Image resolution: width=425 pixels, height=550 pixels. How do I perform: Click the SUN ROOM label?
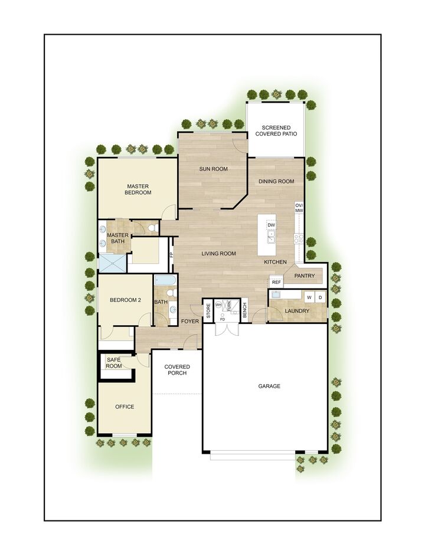[x=213, y=169]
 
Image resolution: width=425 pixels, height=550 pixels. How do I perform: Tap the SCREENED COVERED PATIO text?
[x=276, y=130]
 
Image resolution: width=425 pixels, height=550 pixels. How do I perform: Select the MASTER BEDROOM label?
[x=138, y=189]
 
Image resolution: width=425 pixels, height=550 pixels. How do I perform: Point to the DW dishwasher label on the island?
[x=271, y=225]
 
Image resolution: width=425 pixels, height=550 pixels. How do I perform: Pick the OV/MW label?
[x=299, y=208]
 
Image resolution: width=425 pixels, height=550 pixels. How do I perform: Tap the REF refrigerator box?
[x=276, y=283]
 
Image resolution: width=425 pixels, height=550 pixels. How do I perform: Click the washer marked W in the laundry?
[x=309, y=297]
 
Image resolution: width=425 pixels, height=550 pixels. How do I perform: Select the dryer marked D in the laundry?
[x=320, y=297]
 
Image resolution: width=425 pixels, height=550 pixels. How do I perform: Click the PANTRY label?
[x=305, y=276]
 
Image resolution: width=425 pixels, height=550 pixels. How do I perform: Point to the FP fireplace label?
[x=172, y=255]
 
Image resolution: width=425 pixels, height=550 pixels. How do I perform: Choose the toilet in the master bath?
[x=151, y=228]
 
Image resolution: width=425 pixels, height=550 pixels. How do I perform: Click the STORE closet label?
[x=208, y=310]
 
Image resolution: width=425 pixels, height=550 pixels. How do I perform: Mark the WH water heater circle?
[x=218, y=305]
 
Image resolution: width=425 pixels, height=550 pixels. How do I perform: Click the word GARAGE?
[x=269, y=387]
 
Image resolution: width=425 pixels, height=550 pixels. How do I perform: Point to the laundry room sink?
[x=276, y=294]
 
